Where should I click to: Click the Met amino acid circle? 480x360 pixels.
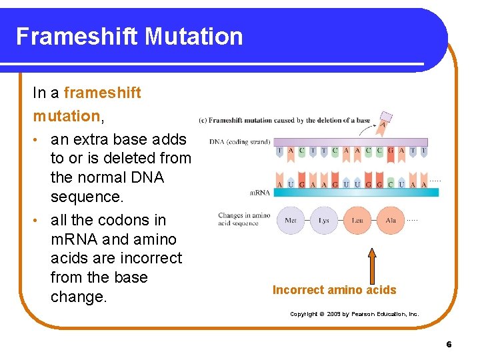pos(291,220)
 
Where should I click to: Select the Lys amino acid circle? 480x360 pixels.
pos(324,220)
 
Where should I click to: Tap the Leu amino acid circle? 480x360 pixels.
pos(357,220)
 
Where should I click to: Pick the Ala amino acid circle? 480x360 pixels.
pos(391,220)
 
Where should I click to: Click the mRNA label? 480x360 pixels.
pos(260,193)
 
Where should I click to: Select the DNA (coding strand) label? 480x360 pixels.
pos(238,142)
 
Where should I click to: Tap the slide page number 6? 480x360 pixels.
pos(449,345)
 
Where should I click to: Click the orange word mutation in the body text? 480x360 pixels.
pos(65,116)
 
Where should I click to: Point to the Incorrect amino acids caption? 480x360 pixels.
pos(334,290)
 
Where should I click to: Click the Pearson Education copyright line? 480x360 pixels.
pos(354,314)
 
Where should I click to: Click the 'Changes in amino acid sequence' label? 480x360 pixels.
pos(244,219)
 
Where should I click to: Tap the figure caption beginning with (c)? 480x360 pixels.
pos(285,121)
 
